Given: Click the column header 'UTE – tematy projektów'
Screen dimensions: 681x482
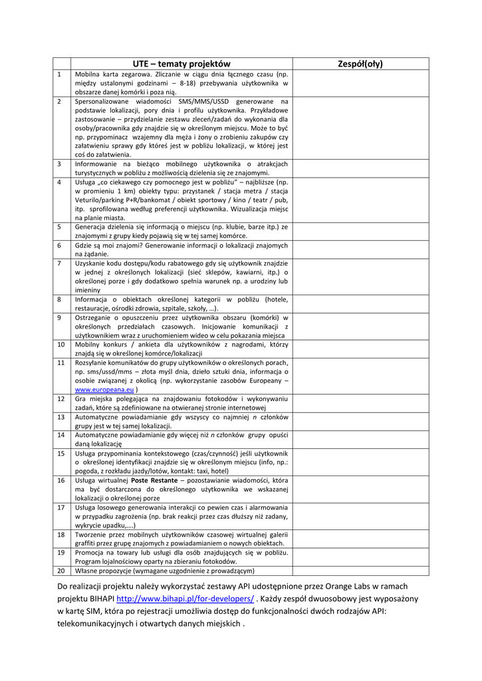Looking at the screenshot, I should [x=181, y=64].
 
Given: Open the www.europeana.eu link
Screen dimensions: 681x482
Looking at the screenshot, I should [x=104, y=389].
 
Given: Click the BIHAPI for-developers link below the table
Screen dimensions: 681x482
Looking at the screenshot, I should [x=185, y=599].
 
